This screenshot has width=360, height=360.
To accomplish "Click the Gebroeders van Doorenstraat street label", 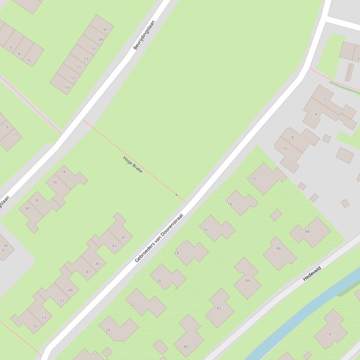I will click(x=159, y=238).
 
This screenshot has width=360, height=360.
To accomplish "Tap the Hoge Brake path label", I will click(x=132, y=165).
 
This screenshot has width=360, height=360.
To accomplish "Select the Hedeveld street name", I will click(x=312, y=273).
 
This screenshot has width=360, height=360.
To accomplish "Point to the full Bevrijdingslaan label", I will click(x=144, y=34).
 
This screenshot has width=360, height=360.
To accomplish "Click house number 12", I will click(x=254, y=178).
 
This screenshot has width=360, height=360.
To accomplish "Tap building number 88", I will click(x=307, y=231).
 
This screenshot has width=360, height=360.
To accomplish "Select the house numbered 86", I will click(x=279, y=248).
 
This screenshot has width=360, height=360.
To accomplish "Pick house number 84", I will click(x=248, y=281).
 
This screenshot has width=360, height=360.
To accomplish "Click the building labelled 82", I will click(x=219, y=308).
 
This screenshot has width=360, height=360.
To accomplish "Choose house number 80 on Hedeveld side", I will click(x=186, y=346).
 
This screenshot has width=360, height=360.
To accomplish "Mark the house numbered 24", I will click(x=108, y=330).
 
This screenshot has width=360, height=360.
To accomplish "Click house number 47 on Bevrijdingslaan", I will click(x=106, y=29).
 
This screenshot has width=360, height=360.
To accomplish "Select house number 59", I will click(x=66, y=87).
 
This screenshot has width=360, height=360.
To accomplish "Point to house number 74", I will click(x=63, y=172).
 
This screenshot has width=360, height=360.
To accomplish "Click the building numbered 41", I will click(x=124, y=238).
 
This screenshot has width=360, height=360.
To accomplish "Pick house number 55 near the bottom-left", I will click(x=36, y=326).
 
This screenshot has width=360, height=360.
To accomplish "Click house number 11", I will click(x=15, y=135).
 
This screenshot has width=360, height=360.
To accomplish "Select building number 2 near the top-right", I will click(x=324, y=100).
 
